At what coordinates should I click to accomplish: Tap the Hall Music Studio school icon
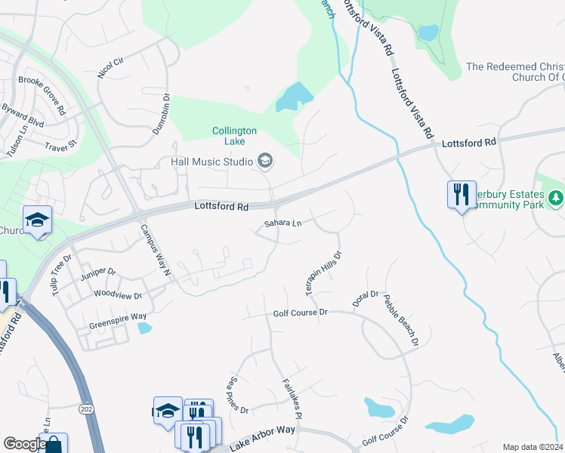point(265,160)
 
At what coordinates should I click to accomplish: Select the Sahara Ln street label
point(282,223)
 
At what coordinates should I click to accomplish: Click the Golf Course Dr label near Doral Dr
point(300,312)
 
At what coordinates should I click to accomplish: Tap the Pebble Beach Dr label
point(400,320)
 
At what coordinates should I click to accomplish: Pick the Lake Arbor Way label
point(261,437)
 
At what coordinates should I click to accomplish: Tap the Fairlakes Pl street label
point(292,399)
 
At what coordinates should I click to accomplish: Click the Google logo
point(24,445)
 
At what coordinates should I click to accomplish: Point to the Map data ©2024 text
point(533,447)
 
